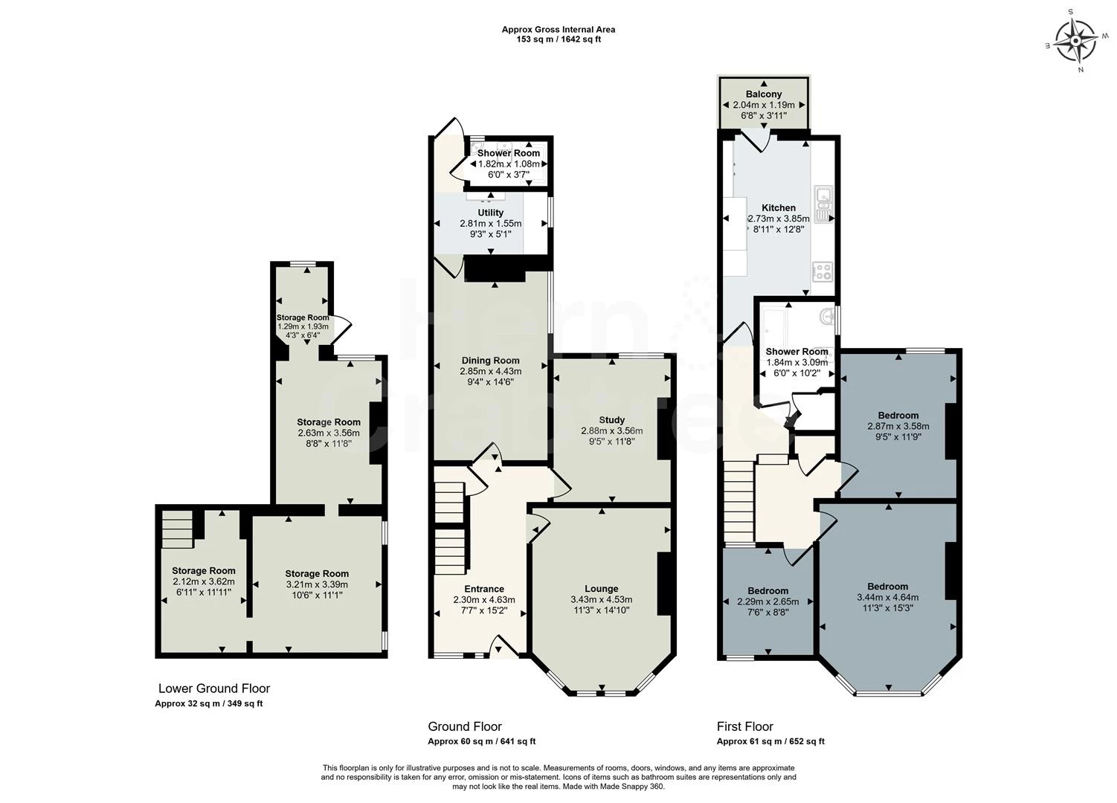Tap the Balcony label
pos(764,94)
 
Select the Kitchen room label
pos(779,208)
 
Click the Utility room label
pos(490,213)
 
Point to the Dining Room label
pos(490,361)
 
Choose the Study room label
pos(611,419)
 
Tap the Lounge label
pos(602,589)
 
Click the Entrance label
pos(483,589)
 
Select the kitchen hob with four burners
pos(823,271)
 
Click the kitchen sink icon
pos(823,204)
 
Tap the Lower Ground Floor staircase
pos(177,529)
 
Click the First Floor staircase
pos(738,503)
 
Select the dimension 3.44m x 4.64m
pos(888,597)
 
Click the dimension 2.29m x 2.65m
pos(768,602)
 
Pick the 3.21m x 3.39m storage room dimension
pos(317,584)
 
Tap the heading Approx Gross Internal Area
pos(558,30)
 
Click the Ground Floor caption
pos(465,726)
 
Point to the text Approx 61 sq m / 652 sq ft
pos(770,741)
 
